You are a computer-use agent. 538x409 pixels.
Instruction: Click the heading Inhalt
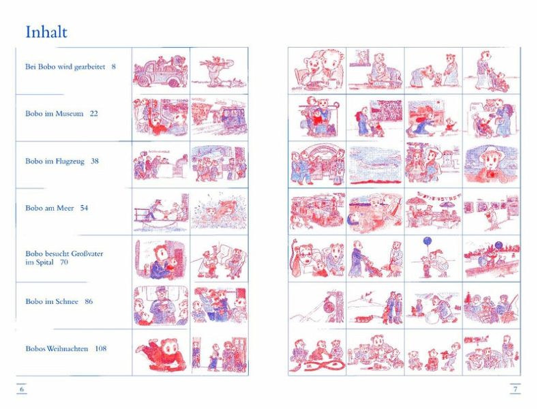tap(46, 32)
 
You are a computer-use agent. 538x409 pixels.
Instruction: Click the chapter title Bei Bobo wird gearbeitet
tap(65, 67)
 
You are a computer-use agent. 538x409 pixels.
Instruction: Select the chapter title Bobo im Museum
tap(55, 114)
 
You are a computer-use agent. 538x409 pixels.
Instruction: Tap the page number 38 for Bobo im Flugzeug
tap(95, 161)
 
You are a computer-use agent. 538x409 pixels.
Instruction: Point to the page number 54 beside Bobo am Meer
tap(84, 208)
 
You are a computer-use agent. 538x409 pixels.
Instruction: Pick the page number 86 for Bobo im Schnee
tap(89, 301)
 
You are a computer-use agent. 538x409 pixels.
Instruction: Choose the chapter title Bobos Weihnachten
tap(57, 348)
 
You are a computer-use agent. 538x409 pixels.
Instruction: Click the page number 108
tap(101, 348)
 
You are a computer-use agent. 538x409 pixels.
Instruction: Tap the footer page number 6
tap(22, 389)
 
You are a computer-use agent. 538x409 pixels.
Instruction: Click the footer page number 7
tap(515, 389)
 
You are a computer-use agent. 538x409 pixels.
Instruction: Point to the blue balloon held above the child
tap(428, 241)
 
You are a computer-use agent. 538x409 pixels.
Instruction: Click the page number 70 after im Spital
tap(64, 262)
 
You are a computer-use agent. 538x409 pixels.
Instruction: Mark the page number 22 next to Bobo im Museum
tap(93, 114)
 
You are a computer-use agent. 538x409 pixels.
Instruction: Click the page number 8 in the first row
tap(114, 67)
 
